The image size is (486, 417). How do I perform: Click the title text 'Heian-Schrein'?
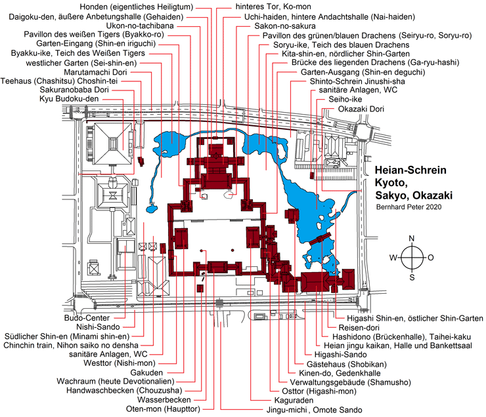(410, 170)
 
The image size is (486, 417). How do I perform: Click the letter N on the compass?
(411, 238)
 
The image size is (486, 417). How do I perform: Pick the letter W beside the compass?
(393, 257)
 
